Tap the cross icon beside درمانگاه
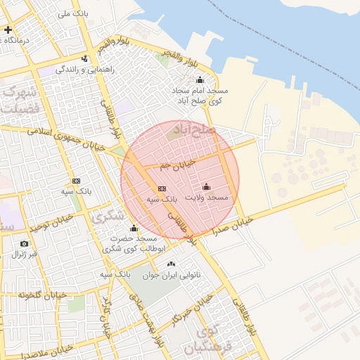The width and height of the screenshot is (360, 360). [8, 30]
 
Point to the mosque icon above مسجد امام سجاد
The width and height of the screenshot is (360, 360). [200, 79]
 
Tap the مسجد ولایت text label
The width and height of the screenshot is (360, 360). [207, 198]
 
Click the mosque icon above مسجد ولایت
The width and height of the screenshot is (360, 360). [206, 186]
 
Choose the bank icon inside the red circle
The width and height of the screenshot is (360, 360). [162, 188]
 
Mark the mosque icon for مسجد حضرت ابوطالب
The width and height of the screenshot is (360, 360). [134, 228]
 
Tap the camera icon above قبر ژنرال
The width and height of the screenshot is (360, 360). [25, 243]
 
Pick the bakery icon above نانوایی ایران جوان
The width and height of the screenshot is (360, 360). [171, 264]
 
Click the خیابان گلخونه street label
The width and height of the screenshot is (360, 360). [42, 294]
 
